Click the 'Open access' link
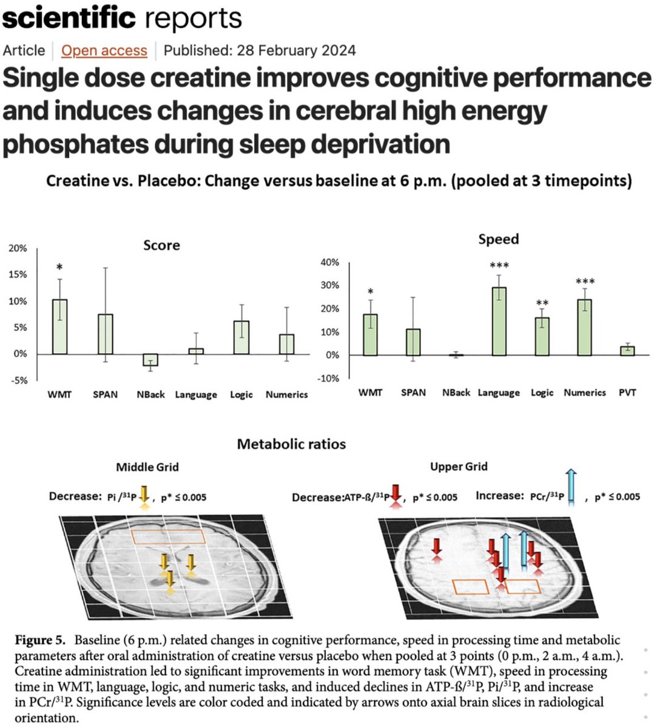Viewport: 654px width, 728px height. pos(104,50)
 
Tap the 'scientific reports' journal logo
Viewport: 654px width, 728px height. pos(121,18)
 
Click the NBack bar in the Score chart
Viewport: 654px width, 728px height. pos(150,360)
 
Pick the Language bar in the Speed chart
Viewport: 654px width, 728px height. pos(499,321)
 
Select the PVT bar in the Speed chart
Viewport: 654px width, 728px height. pos(627,351)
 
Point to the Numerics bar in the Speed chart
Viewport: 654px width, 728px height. pos(584,327)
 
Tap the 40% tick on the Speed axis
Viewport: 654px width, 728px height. pos(329,262)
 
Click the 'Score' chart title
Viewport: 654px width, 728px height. pos(161,245)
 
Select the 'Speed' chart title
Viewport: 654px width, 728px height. pos(498,239)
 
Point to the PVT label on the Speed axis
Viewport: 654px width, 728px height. pos(627,393)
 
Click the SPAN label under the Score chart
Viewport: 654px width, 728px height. pos(105,394)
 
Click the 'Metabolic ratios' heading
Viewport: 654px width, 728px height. pos(291,444)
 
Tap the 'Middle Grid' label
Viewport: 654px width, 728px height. pos(147,467)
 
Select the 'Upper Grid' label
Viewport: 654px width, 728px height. pos(459,467)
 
